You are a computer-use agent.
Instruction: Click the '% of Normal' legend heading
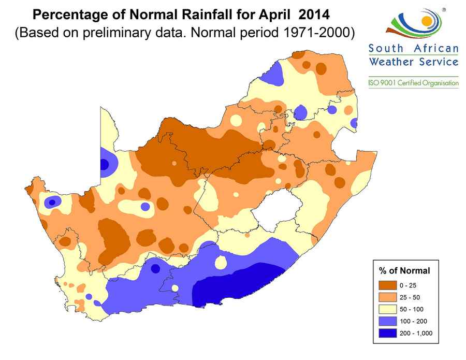click(x=404, y=271)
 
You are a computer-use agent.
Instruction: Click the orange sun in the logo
click(x=426, y=21)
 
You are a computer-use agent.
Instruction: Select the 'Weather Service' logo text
click(x=413, y=62)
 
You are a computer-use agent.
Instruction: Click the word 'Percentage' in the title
click(x=70, y=11)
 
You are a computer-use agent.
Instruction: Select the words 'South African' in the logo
click(x=413, y=49)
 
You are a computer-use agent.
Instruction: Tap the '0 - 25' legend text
click(x=408, y=285)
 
